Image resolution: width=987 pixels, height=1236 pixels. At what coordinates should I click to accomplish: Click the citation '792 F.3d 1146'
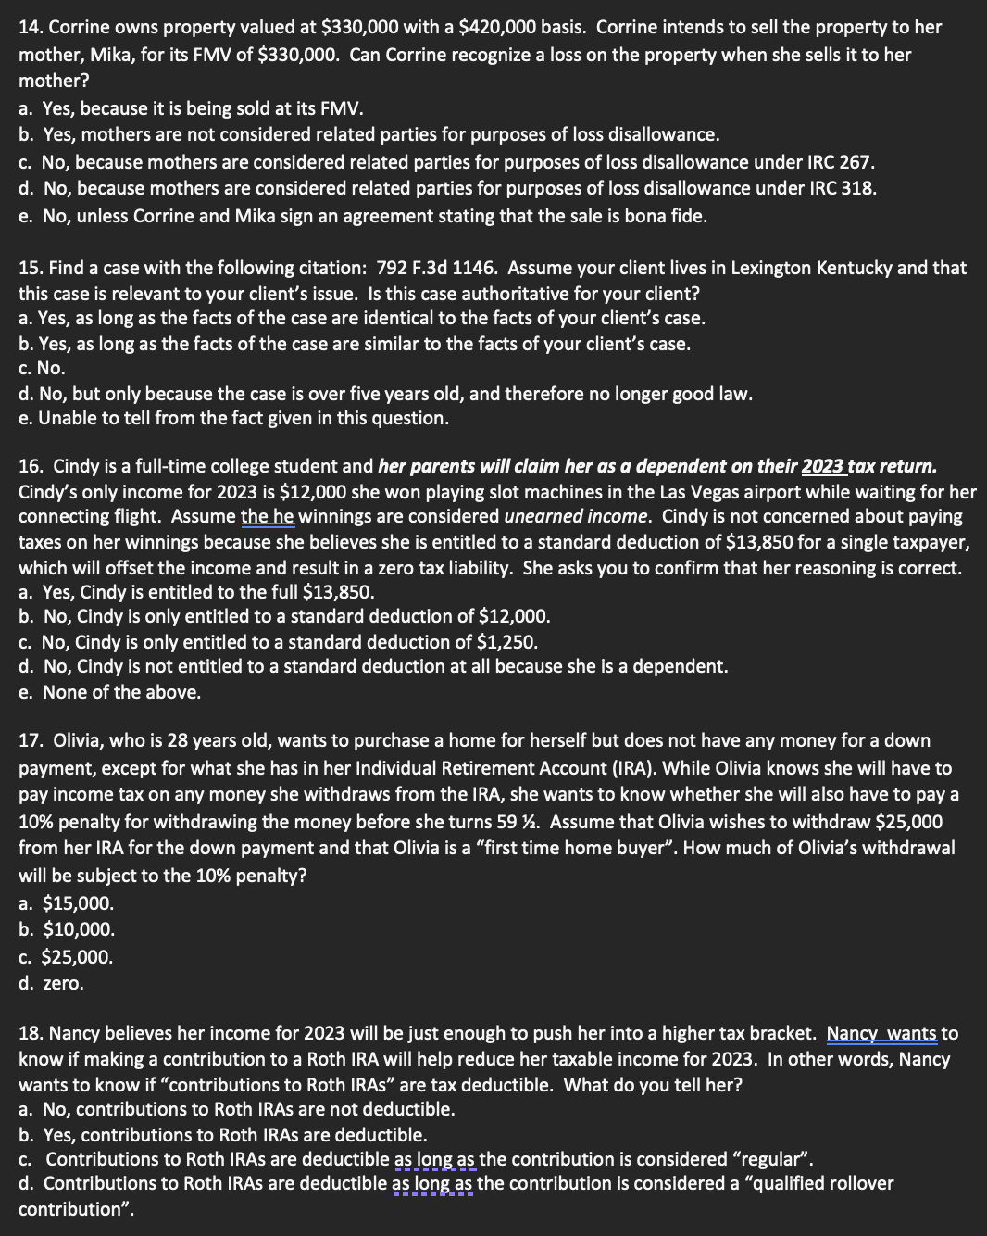[434, 269]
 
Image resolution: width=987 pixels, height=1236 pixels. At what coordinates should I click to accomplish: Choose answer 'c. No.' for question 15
[42, 369]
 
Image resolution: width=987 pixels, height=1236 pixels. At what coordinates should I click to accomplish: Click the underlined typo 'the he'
[267, 516]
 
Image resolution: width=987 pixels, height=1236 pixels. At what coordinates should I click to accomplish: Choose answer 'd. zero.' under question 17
[51, 983]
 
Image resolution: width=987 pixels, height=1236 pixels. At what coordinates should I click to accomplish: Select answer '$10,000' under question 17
[79, 929]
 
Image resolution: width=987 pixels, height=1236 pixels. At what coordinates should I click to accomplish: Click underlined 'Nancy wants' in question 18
[881, 1033]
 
